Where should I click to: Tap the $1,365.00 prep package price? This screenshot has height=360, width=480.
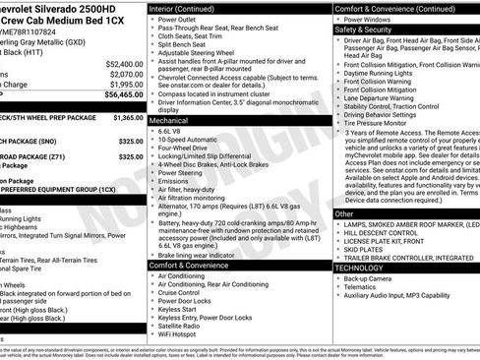coord(128,117)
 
